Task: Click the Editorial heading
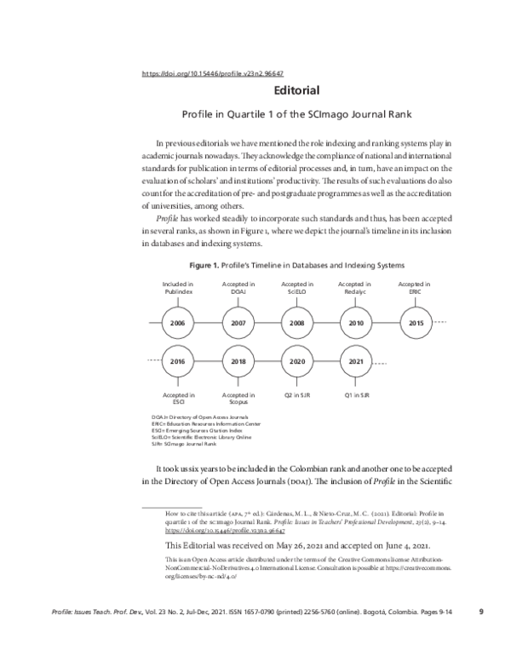pos(296,89)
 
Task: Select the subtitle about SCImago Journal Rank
pos(296,112)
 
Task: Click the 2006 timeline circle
pos(178,324)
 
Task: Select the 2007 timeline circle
pos(238,324)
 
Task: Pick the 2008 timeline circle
pos(296,324)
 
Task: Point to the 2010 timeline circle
pos(356,324)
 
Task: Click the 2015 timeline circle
pos(415,324)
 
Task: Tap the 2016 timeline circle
pos(178,361)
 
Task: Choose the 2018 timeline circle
pos(238,361)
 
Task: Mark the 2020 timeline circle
pos(296,361)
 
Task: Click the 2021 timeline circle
pos(356,361)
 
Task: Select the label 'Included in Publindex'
pos(178,287)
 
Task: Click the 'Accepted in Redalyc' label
pos(356,287)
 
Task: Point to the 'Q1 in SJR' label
pos(356,395)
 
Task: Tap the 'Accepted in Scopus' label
pos(238,399)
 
